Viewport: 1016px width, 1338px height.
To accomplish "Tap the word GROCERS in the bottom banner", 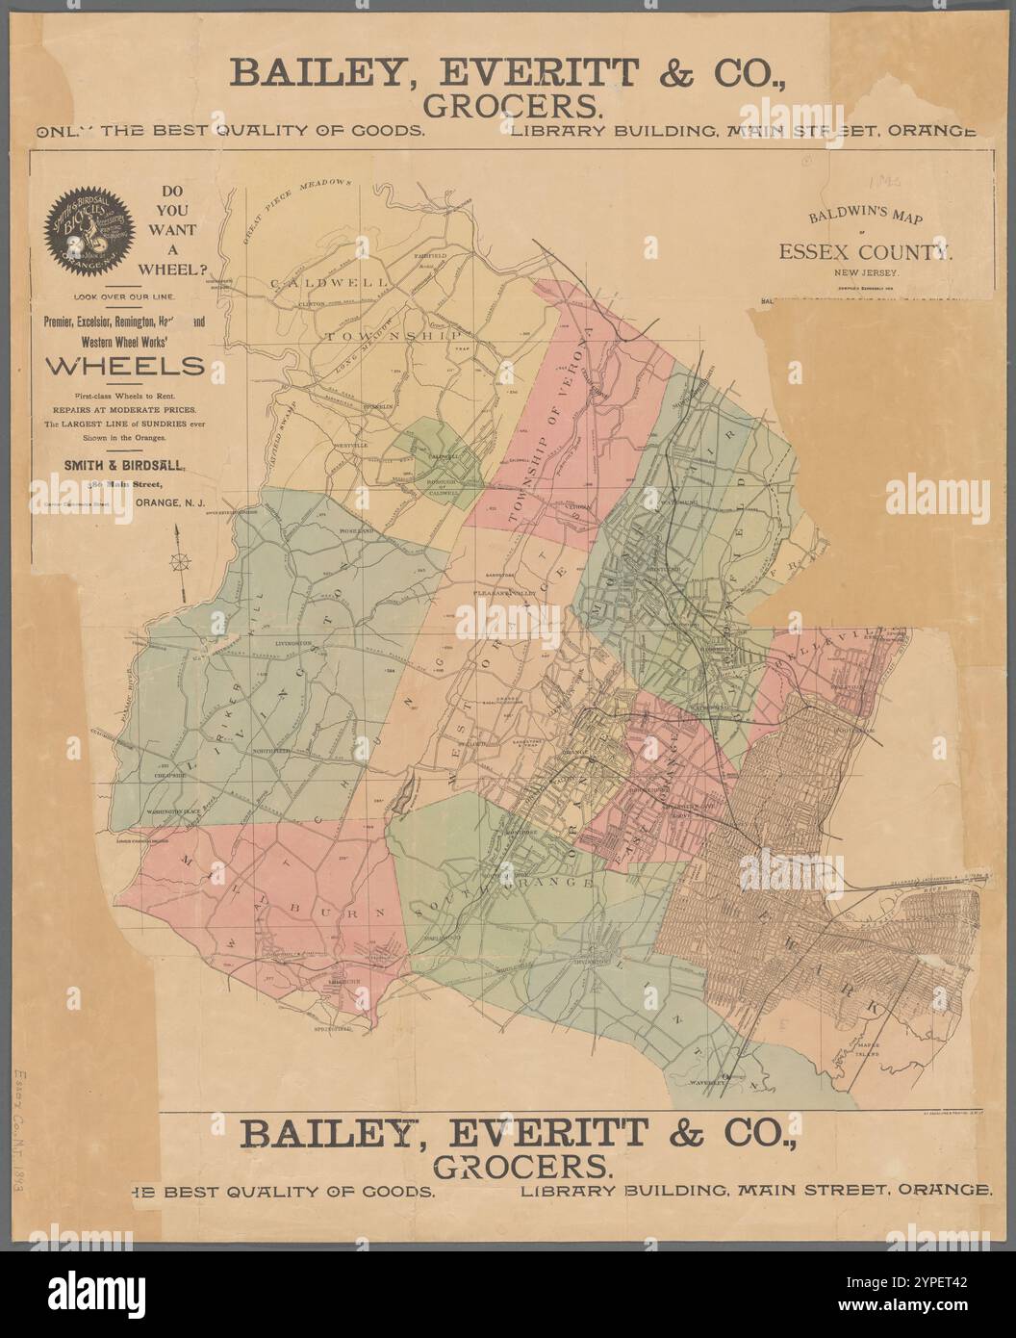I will coord(523,1166).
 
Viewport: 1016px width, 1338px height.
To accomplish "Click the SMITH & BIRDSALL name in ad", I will coord(125,464).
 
